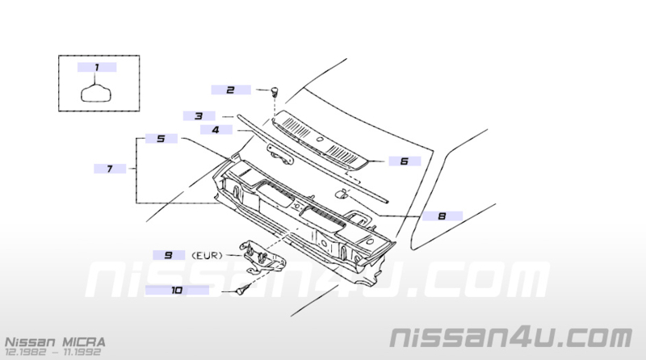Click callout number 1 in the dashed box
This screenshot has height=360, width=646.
click(97, 67)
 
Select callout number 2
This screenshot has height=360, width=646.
click(231, 90)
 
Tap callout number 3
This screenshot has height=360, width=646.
click(199, 116)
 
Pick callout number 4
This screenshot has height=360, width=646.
click(216, 130)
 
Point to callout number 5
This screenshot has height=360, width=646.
click(161, 138)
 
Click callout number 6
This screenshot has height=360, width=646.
click(405, 161)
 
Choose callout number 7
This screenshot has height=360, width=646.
click(110, 169)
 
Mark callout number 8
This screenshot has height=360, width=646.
click(442, 216)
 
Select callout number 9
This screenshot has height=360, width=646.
click(169, 255)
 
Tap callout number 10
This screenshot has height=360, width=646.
click(177, 291)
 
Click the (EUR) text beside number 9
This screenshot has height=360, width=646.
click(208, 256)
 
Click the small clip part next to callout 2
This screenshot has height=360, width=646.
click(275, 91)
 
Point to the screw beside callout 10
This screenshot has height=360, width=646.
click(243, 290)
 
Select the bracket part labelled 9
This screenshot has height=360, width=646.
click(263, 257)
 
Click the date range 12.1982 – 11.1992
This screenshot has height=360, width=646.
click(52, 353)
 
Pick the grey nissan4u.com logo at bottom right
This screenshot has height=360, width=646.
click(511, 337)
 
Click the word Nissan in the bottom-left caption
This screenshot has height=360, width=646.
click(30, 342)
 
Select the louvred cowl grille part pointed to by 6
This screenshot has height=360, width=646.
click(320, 141)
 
